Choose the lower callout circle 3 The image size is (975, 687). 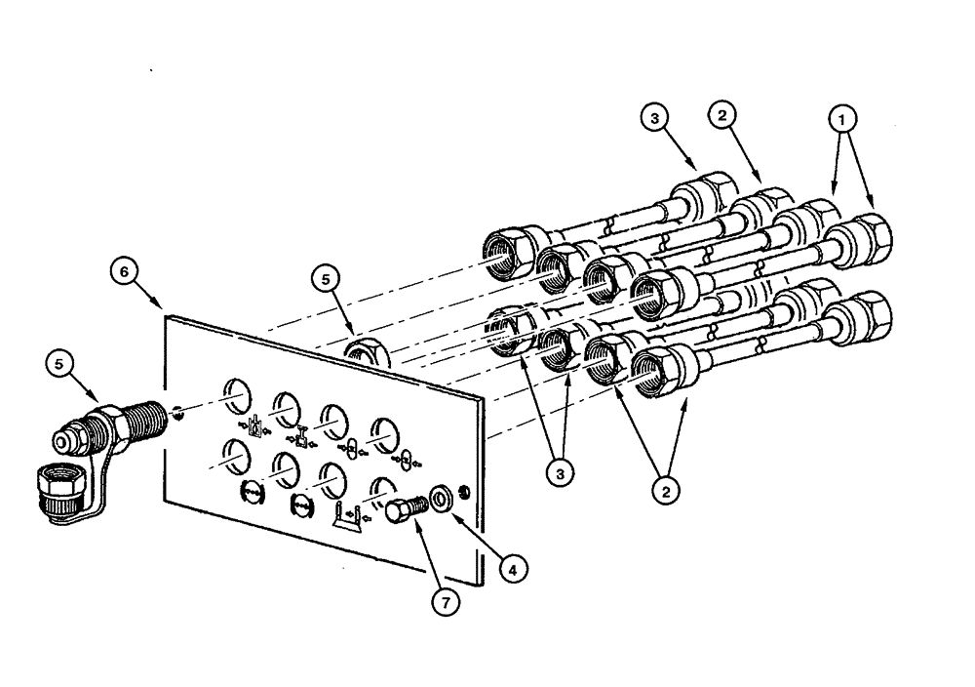(559, 472)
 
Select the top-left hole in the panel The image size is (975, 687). (236, 395)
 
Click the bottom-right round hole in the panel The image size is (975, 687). (380, 489)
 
